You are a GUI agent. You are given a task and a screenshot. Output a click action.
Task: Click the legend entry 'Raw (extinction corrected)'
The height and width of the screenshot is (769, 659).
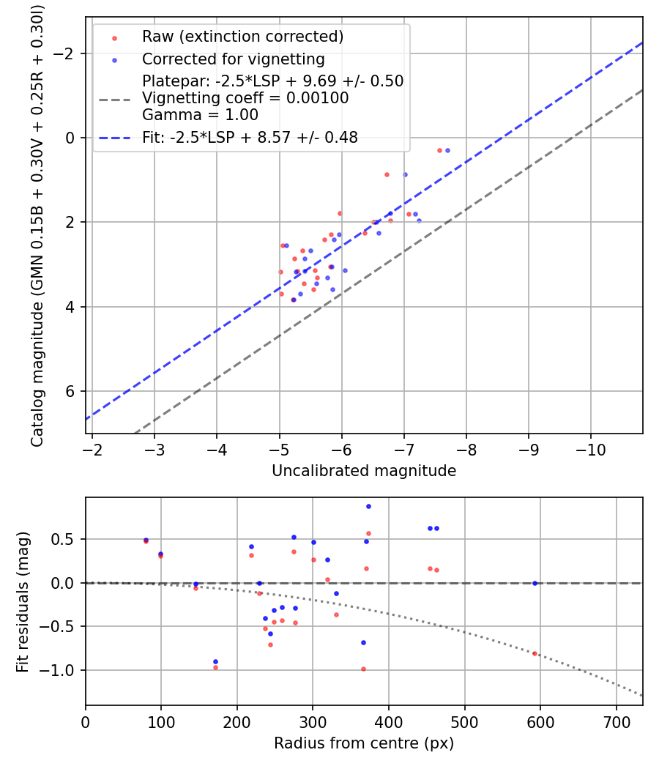click(x=242, y=37)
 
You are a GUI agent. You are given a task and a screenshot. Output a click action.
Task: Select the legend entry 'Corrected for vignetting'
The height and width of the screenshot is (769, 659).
click(x=233, y=59)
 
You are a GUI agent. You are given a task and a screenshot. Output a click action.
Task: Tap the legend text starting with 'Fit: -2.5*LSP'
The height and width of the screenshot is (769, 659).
click(x=250, y=137)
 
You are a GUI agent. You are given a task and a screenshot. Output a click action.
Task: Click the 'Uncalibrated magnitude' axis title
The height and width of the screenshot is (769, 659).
click(x=364, y=471)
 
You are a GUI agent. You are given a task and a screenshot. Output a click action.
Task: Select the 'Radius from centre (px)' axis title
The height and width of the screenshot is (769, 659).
click(x=364, y=743)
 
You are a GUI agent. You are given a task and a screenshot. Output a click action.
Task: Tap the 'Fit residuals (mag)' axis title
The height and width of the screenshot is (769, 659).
click(x=23, y=601)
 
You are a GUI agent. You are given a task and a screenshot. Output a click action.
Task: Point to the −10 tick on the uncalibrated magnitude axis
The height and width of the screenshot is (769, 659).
click(x=591, y=448)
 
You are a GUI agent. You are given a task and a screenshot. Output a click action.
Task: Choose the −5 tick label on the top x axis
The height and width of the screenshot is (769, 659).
click(x=279, y=448)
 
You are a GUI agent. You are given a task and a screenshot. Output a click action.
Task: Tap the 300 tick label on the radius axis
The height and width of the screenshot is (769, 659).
click(x=313, y=721)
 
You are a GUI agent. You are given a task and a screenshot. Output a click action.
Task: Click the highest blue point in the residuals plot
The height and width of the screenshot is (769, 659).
click(x=368, y=506)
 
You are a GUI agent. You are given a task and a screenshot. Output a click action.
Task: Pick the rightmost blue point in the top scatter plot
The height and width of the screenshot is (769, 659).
click(x=447, y=150)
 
